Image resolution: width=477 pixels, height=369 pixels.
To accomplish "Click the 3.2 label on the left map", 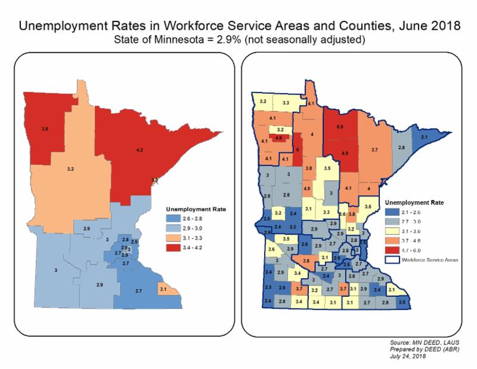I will [x=71, y=169].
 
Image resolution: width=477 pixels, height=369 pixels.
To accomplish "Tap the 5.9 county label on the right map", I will [x=340, y=127].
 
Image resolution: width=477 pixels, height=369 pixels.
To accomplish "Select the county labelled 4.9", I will [x=345, y=153].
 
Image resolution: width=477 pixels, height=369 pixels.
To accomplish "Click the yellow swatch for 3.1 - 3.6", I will [x=394, y=230].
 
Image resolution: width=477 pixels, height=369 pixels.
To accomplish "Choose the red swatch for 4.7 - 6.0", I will [x=394, y=249].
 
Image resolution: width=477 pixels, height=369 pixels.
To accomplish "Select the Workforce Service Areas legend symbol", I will [x=394, y=259].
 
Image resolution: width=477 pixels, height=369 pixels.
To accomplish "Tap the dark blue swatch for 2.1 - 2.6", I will [x=394, y=211].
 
